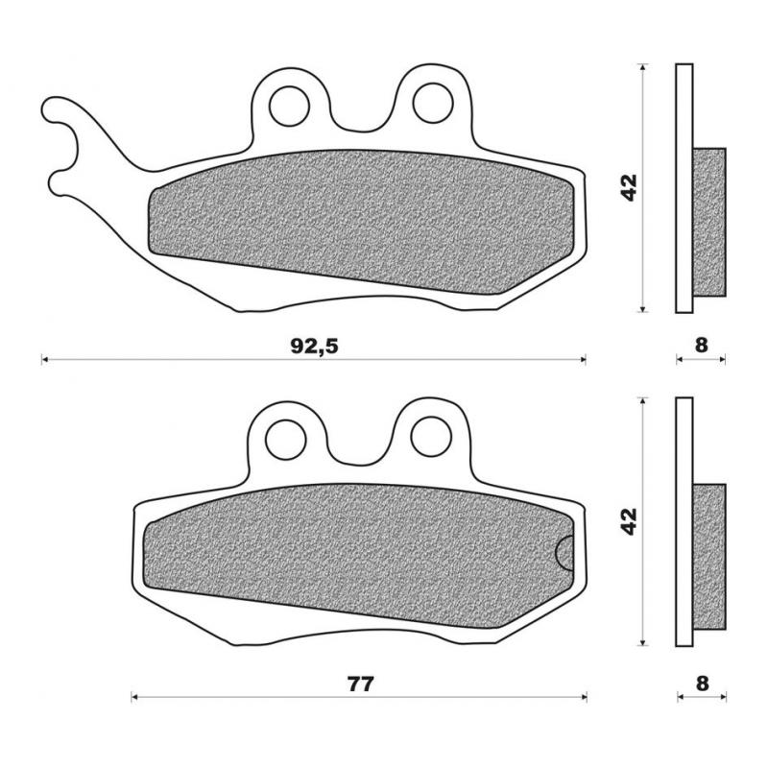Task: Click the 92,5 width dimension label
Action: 314,348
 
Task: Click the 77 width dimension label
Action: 360,684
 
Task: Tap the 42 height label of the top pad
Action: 629,187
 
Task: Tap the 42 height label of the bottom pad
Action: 629,521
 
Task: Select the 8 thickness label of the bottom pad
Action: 701,684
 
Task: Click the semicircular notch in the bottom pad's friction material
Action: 566,554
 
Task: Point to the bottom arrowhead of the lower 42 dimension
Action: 643,642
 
